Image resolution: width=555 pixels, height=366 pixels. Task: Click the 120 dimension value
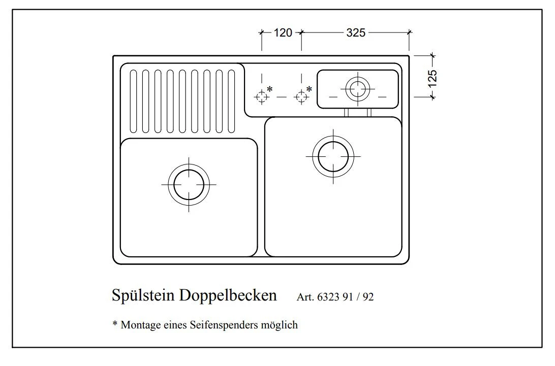coord(283,33)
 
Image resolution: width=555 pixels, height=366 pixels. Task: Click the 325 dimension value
coord(356,33)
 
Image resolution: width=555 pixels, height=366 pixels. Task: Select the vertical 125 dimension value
coord(432,78)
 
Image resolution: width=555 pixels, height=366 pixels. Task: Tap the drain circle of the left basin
coord(189,184)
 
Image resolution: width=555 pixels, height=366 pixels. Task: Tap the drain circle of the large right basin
coord(333,156)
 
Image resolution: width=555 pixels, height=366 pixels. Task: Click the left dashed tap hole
coord(262,96)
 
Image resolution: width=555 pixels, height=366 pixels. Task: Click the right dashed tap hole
coord(301,96)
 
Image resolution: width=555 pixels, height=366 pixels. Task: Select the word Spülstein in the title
coord(143,295)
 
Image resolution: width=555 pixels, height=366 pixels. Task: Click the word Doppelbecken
coord(228,295)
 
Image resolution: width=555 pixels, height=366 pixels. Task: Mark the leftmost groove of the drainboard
coord(133,101)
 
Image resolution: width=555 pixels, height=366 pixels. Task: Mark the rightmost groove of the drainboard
coord(232,101)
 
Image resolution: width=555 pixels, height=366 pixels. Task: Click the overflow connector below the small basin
coord(358,112)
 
